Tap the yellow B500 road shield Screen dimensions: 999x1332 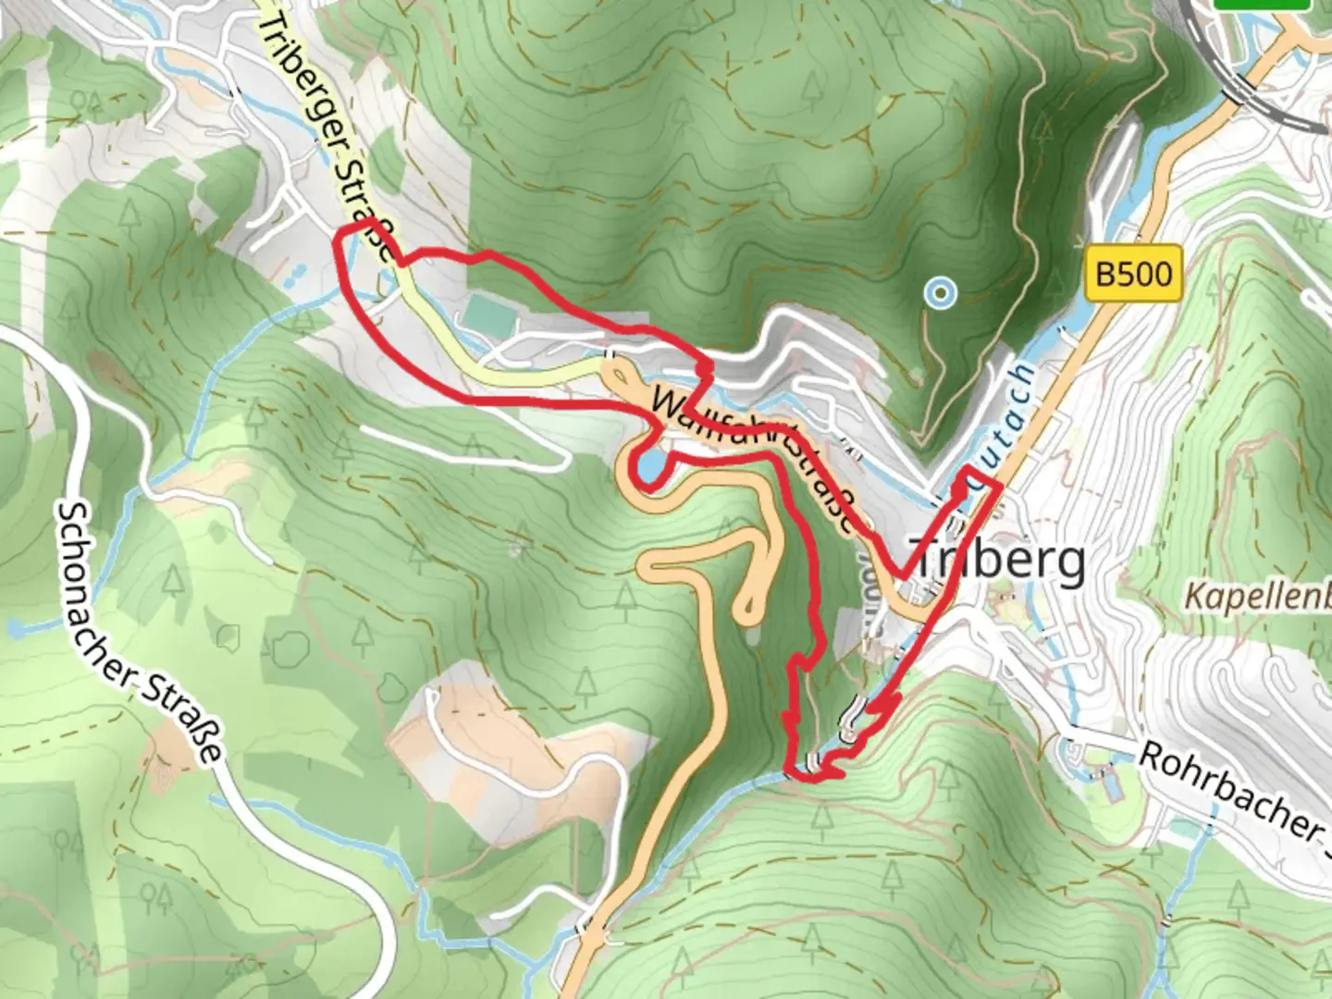click(1133, 274)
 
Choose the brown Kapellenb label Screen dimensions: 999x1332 click(1258, 596)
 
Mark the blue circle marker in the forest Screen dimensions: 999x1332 click(941, 294)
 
